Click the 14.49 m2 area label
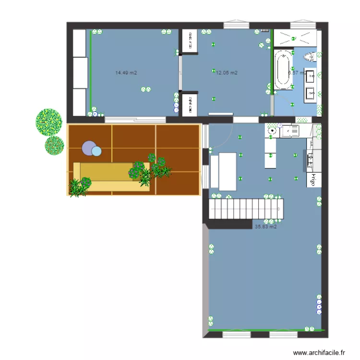point(126,73)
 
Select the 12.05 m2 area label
point(227,73)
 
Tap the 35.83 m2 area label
point(265,227)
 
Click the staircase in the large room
point(245,209)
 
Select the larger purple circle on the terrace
point(89,148)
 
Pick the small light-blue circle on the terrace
point(97,152)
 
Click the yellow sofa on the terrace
point(110,178)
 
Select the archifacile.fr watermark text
point(319,352)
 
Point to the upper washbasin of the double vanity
point(311,76)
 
